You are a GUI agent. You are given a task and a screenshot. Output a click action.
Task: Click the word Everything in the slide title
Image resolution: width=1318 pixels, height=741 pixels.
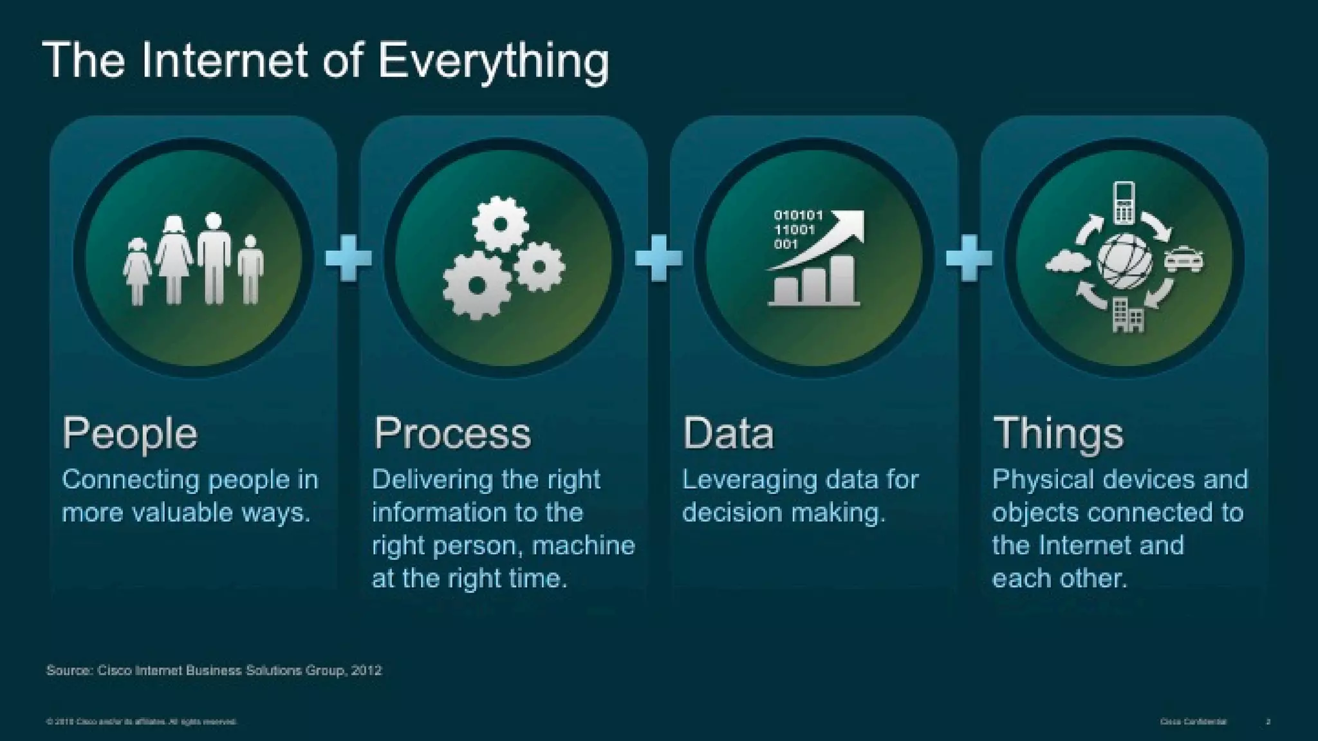click(x=493, y=62)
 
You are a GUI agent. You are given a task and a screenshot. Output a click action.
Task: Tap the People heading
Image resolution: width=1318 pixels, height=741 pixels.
click(x=130, y=434)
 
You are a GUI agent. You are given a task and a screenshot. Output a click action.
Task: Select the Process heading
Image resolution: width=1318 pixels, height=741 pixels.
click(x=452, y=434)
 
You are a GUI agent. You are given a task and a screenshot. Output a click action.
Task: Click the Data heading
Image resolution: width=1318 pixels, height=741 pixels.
click(x=728, y=434)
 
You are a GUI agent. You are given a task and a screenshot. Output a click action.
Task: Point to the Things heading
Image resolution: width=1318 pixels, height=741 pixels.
click(x=1059, y=434)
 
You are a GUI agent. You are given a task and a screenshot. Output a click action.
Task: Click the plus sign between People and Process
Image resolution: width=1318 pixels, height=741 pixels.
click(x=348, y=258)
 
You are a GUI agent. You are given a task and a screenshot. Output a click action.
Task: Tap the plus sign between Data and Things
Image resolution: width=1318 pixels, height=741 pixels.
click(x=969, y=258)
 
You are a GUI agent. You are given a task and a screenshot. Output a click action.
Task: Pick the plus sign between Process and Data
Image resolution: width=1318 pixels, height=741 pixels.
click(x=658, y=258)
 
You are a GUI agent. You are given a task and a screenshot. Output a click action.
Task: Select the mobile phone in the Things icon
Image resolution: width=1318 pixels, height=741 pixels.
click(x=1124, y=202)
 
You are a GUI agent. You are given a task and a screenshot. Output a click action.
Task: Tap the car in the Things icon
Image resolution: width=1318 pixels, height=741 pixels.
click(x=1184, y=260)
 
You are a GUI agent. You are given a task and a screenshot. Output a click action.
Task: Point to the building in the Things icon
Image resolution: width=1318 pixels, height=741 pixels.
click(x=1128, y=315)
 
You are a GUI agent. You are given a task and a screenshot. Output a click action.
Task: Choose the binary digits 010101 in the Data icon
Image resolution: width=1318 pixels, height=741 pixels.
click(x=798, y=215)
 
